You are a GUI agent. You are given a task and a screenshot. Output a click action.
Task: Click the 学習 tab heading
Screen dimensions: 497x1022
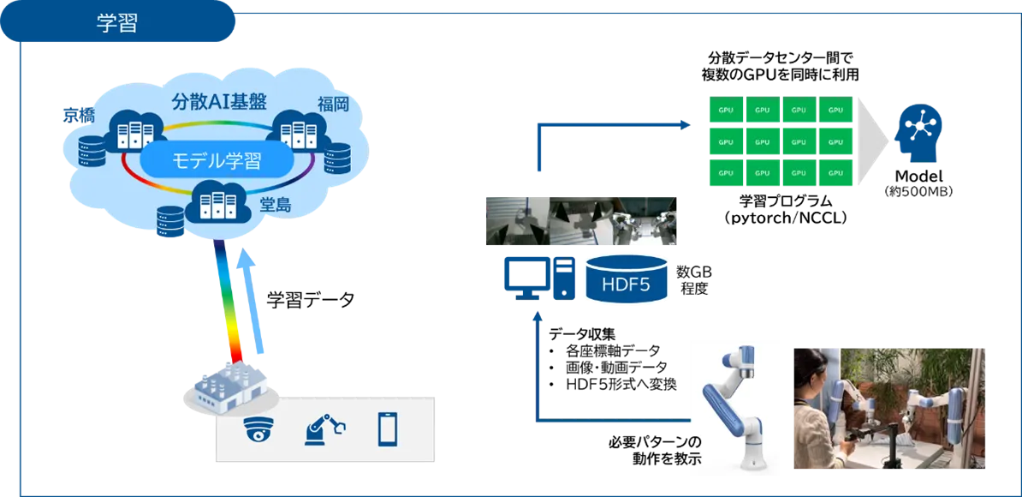116,23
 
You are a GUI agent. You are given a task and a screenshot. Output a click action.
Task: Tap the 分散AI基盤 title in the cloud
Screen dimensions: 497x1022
220,101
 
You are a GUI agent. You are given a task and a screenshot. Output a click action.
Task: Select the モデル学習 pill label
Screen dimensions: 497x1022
217,159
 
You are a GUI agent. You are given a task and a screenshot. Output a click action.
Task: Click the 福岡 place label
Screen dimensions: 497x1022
335,105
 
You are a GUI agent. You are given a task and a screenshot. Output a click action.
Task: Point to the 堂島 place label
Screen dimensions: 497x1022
276,206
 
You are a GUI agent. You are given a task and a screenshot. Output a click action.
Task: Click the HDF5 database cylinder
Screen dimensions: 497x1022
626,279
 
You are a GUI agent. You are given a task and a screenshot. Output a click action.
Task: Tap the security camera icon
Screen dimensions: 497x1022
257,428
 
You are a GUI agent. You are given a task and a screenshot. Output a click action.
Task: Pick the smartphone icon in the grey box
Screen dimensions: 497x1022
388,428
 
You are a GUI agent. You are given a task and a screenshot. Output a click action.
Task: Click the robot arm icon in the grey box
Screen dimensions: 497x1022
323,428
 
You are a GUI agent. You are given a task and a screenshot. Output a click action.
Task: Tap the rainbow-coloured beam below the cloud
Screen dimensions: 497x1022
229,300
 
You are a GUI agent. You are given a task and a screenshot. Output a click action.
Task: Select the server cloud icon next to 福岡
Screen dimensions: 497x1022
300,132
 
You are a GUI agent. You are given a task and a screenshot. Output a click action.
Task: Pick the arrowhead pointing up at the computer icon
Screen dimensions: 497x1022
538,318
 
